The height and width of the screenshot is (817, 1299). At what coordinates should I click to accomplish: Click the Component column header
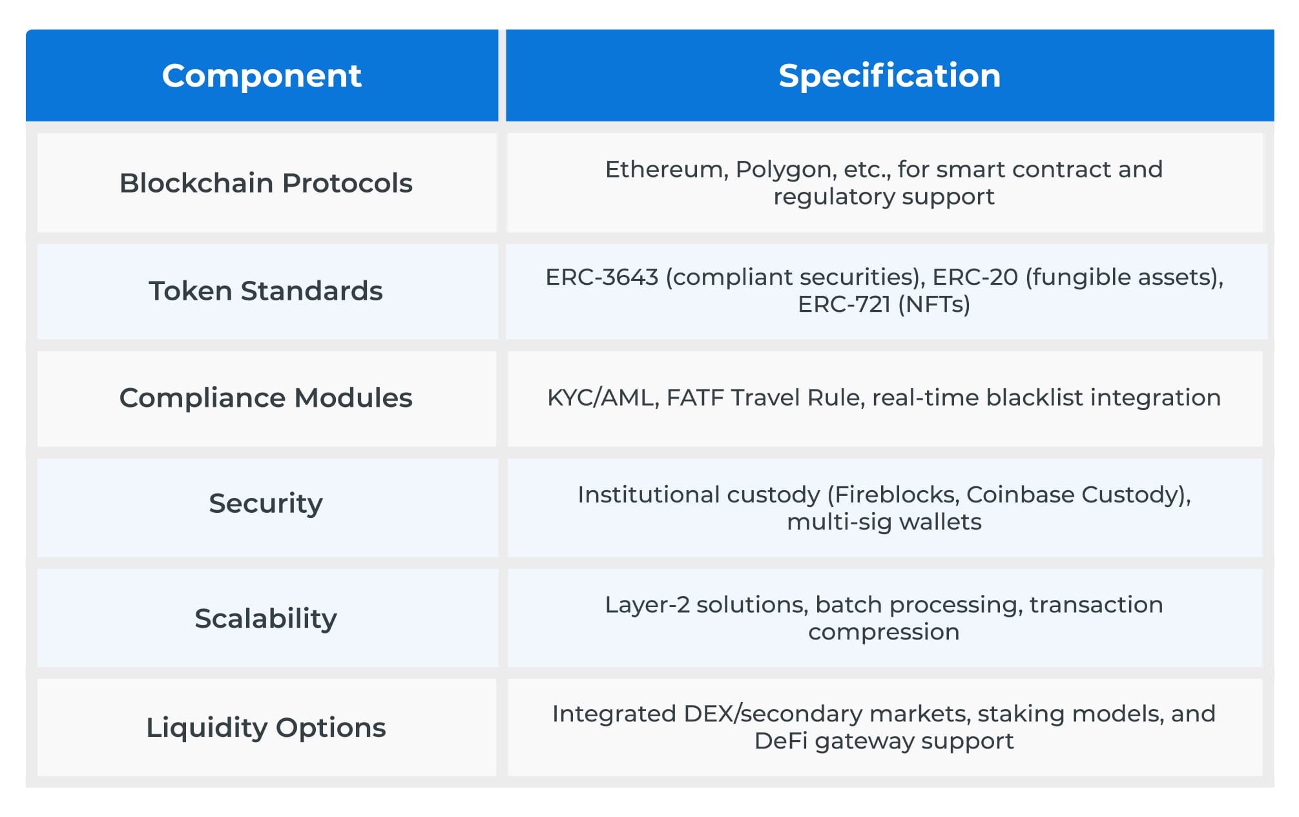262,76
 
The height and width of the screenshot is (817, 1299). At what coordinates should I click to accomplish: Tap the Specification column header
889,76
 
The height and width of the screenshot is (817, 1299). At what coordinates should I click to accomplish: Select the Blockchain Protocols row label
265,183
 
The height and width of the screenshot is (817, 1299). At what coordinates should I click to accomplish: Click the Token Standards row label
265,291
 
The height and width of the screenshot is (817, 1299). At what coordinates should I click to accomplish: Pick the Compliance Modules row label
265,398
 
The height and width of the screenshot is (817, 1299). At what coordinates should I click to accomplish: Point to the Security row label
265,503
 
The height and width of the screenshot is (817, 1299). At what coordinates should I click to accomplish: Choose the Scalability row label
265,619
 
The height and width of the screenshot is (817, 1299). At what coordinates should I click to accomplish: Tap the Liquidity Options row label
265,728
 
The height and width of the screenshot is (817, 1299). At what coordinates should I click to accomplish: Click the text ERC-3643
601,277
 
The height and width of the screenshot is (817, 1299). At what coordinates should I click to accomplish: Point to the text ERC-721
844,304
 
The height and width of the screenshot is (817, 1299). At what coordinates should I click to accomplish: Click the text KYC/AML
602,398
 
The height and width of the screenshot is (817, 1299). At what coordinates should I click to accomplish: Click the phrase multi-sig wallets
884,522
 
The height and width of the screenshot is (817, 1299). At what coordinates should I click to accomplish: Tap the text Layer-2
647,605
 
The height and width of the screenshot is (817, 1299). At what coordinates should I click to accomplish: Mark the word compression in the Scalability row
884,632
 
